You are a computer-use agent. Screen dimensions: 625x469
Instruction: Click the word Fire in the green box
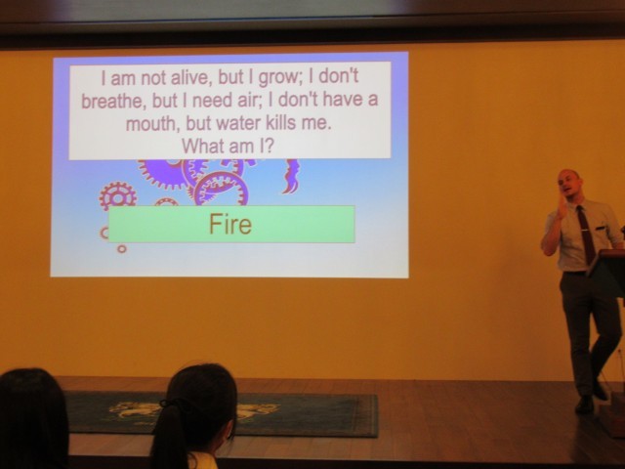pos(230,224)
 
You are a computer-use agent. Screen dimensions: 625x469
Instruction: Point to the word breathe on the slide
pos(110,100)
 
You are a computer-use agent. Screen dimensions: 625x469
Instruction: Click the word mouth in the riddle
pos(149,123)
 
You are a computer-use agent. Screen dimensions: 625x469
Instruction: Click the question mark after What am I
pos(270,146)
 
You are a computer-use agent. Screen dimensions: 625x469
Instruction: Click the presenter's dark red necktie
pos(586,234)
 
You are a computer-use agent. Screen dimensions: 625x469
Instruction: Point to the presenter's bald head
pos(568,178)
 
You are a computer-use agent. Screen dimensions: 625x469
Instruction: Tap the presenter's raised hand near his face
pos(562,207)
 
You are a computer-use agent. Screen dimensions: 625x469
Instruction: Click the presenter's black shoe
pos(585,404)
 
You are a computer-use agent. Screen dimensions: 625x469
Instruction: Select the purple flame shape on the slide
pos(291,177)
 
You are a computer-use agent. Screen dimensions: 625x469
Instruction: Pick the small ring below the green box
pos(121,249)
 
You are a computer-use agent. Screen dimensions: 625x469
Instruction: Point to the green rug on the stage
pos(222,414)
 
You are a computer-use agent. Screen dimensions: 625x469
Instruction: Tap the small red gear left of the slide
pos(118,196)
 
